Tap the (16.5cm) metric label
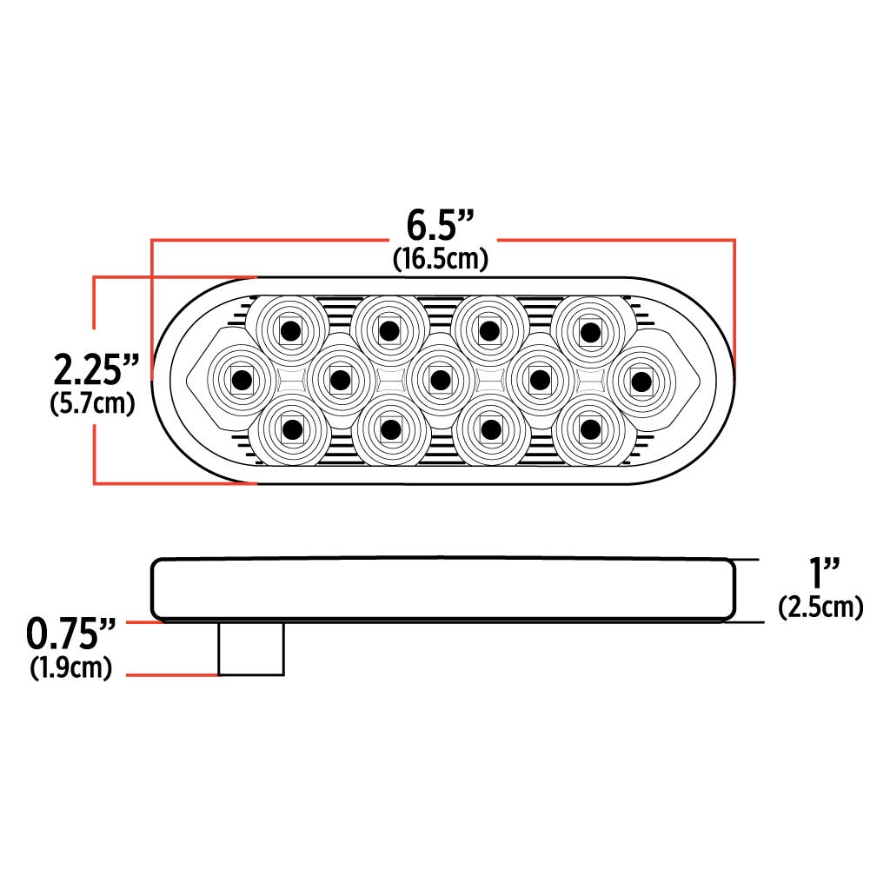click(x=440, y=258)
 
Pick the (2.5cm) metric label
click(x=821, y=607)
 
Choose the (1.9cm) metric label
click(x=71, y=668)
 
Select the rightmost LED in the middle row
click(x=641, y=380)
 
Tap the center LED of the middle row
click(x=441, y=380)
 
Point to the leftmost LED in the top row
click(x=289, y=330)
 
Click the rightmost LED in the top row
click(x=591, y=330)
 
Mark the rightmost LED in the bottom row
click(x=591, y=428)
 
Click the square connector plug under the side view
click(x=250, y=648)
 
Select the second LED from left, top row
click(x=389, y=330)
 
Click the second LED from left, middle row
click(x=340, y=380)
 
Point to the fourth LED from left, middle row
click(x=541, y=380)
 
